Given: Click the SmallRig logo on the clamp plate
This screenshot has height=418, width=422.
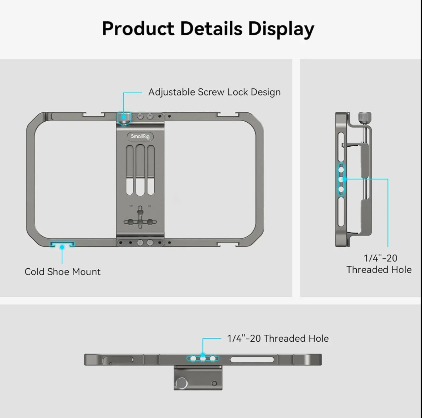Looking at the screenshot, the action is click(140, 136).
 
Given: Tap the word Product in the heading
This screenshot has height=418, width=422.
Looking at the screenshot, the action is click(138, 28).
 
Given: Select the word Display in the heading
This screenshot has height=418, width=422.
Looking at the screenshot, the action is click(281, 29).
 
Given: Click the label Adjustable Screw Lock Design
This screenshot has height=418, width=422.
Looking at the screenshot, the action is click(214, 92).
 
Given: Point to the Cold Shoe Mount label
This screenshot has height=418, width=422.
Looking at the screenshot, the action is click(62, 272).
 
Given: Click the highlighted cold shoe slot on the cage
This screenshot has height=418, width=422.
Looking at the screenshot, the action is click(62, 244).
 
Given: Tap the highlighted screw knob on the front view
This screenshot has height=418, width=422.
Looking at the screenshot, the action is click(124, 118).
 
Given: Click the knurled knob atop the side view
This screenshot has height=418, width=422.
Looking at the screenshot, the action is click(365, 118).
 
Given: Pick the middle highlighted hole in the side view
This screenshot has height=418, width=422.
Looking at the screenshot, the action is click(341, 179).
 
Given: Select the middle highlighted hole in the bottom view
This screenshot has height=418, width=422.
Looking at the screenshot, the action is click(203, 359).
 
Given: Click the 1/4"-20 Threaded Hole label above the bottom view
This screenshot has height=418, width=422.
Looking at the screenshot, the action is click(278, 338).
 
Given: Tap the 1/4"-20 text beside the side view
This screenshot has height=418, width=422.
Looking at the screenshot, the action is click(380, 258).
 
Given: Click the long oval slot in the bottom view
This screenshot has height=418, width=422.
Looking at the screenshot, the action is click(252, 359).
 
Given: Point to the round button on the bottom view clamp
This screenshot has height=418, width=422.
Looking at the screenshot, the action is click(181, 383).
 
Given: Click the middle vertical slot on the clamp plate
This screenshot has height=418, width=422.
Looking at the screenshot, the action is click(140, 170).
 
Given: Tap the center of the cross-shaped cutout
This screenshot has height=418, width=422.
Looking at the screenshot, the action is click(140, 222).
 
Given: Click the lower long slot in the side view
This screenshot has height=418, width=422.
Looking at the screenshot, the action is click(341, 212).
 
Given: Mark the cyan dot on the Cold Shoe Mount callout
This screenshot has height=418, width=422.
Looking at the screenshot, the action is click(62, 247).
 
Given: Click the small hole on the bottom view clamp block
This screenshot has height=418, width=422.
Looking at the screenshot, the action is click(214, 383).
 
